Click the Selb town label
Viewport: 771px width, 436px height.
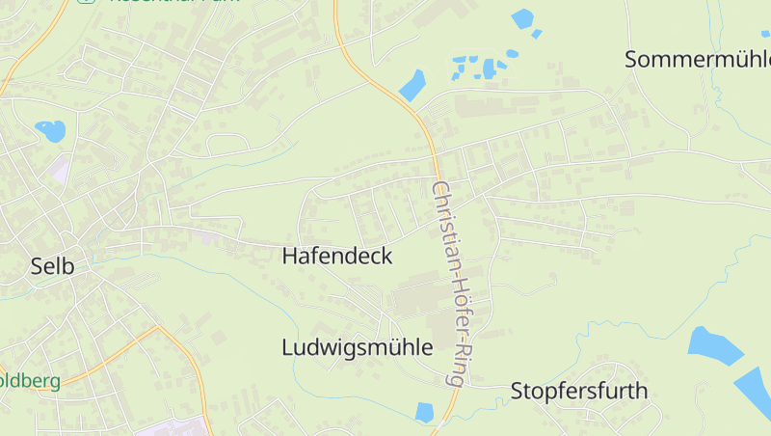[52, 265]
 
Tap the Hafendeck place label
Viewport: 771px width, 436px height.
[337, 256]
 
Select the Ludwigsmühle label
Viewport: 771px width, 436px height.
[357, 347]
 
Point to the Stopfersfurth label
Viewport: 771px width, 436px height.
[579, 391]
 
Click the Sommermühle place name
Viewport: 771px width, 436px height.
[697, 59]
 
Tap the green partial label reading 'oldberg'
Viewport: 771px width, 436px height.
[30, 381]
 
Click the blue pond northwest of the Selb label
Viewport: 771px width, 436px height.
[49, 129]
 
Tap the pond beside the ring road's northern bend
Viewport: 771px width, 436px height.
[412, 85]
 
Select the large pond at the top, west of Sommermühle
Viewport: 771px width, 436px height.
[522, 17]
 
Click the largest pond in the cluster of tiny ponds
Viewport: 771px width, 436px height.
[490, 68]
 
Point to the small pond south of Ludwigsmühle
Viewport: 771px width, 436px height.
[424, 412]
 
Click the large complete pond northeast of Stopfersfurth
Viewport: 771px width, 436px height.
[714, 344]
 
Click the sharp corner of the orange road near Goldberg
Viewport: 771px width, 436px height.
[157, 327]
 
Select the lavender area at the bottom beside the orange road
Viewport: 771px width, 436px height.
[173, 426]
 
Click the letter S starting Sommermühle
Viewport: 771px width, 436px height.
[632, 59]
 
